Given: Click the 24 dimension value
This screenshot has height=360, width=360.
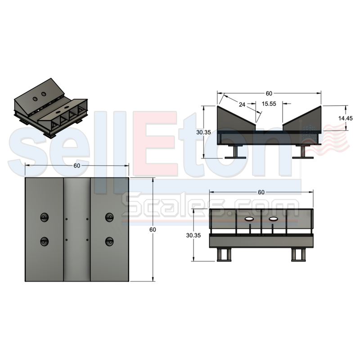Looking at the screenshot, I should [x=242, y=104].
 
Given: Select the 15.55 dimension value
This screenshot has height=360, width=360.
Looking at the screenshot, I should [x=269, y=104].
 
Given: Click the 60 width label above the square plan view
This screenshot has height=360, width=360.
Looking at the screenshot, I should [x=77, y=166].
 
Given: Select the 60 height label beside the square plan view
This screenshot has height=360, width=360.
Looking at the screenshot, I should [x=153, y=230].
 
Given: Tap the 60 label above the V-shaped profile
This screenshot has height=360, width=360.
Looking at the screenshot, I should [x=269, y=94].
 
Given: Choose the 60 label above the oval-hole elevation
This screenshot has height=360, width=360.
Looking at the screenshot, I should [x=261, y=193].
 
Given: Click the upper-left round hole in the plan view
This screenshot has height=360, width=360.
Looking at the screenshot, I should [x=44, y=217].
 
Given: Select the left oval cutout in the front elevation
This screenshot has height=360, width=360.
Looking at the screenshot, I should [x=248, y=219].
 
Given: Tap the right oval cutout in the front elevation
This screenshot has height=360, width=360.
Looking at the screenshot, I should [x=273, y=219].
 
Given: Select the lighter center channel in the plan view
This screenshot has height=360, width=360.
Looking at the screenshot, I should [x=76, y=229].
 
